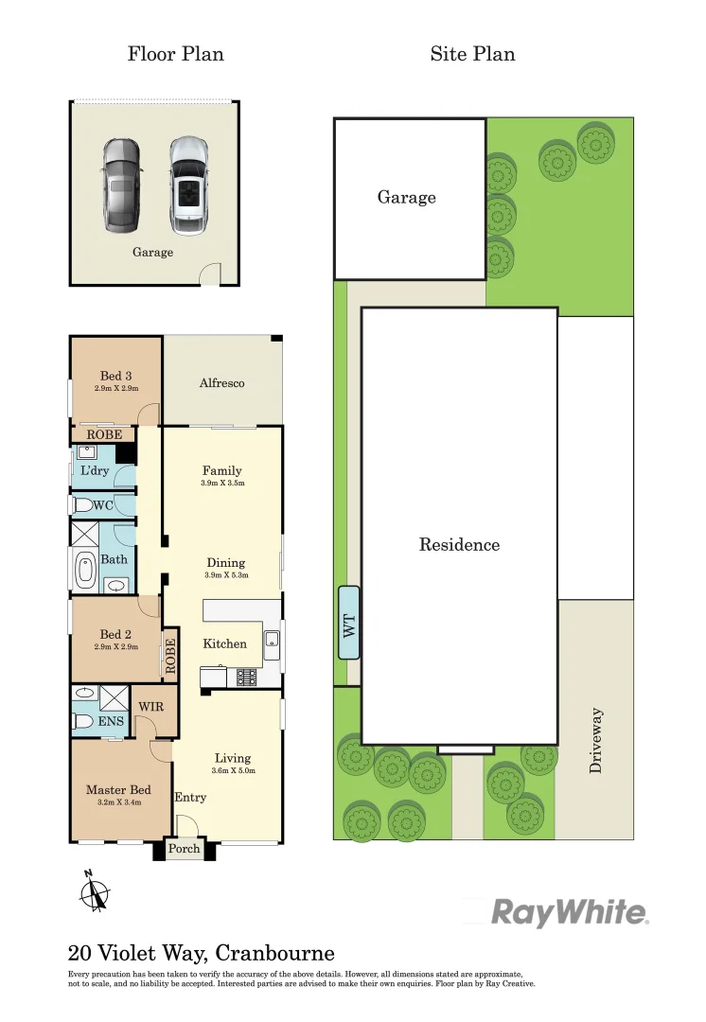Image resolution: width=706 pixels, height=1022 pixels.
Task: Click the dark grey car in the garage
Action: click(x=120, y=185)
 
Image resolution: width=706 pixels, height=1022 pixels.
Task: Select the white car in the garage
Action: click(x=188, y=185)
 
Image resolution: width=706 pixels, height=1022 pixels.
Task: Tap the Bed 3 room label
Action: click(x=115, y=377)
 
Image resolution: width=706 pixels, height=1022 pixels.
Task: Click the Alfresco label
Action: click(x=222, y=383)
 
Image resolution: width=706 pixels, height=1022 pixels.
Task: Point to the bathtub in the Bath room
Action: click(x=85, y=571)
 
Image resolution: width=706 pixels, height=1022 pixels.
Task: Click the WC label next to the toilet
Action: click(x=103, y=505)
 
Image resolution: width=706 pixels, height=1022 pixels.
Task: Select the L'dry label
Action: click(x=94, y=471)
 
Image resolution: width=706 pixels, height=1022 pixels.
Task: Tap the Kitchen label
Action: click(x=225, y=643)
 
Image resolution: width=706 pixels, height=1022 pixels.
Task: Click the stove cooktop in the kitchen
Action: click(x=248, y=677)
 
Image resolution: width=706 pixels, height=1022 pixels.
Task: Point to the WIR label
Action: click(x=151, y=707)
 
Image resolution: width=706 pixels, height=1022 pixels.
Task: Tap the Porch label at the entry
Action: click(x=185, y=849)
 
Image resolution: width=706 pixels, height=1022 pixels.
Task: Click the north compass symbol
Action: click(x=94, y=892)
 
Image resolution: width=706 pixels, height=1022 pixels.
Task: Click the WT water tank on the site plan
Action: click(x=349, y=623)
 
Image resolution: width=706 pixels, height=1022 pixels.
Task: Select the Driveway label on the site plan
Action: click(x=595, y=741)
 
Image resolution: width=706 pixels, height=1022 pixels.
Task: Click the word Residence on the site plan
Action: click(x=459, y=545)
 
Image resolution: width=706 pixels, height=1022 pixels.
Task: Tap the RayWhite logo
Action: click(x=570, y=913)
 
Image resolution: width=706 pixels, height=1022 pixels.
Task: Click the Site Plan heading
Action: click(x=472, y=54)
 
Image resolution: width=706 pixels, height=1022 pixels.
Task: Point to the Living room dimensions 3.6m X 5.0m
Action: click(x=232, y=770)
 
